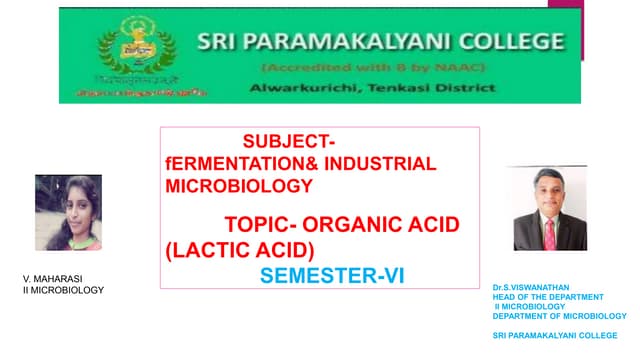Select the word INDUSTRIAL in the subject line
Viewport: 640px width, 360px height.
(384, 164)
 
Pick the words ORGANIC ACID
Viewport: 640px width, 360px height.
(385, 224)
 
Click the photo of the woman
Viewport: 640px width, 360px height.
(68, 212)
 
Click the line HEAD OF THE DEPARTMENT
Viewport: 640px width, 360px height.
(549, 297)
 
